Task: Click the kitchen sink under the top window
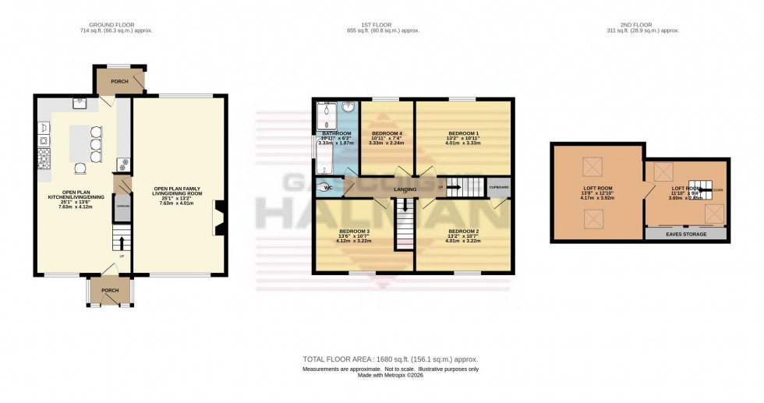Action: coord(80,102)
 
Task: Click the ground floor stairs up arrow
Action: coord(121,237)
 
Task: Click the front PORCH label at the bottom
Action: coord(110,291)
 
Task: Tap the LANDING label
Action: coord(405,189)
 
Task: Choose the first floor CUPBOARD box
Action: coord(499,188)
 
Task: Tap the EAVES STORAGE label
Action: coord(685,233)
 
